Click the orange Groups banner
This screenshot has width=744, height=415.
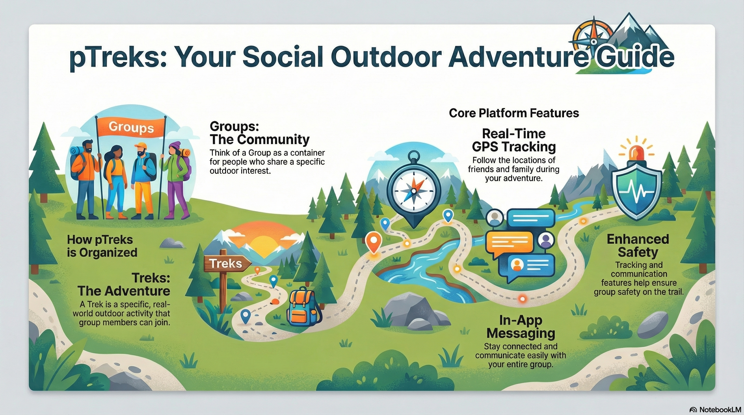coord(131,128)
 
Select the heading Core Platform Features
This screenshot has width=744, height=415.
coord(514,113)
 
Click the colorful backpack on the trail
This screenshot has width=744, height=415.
coord(302,307)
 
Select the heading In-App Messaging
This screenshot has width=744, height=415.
coord(520,327)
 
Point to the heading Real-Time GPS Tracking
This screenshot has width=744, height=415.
coord(514,140)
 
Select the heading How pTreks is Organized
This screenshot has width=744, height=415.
coord(102,246)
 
